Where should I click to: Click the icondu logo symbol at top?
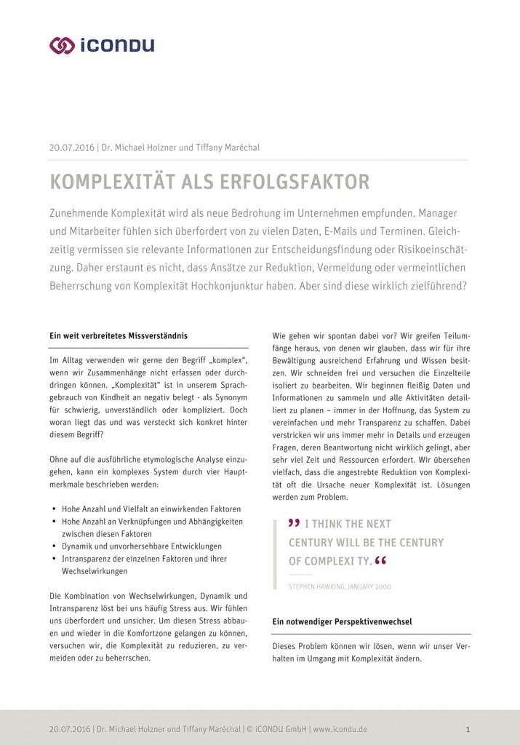[x=62, y=45]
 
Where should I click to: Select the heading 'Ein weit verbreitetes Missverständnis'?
[x=118, y=335]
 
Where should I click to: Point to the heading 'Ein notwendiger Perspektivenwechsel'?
[x=342, y=622]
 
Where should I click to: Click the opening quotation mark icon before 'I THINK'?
[x=294, y=523]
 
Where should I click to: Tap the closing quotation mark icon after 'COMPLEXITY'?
[x=380, y=561]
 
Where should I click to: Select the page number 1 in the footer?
[x=468, y=728]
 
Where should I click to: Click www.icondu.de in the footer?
[x=340, y=728]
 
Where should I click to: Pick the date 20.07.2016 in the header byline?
[x=71, y=148]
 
